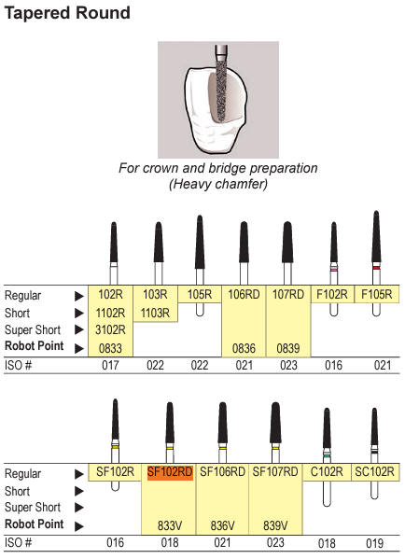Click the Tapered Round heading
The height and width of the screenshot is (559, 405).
(x=67, y=14)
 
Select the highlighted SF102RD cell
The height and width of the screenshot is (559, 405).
(x=170, y=472)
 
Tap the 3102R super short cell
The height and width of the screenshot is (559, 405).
(x=110, y=329)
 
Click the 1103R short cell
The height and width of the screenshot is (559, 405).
(x=155, y=313)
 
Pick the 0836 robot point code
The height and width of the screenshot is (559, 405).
(x=244, y=348)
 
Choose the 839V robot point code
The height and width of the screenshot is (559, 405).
(x=275, y=525)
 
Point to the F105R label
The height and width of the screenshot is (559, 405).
(x=376, y=295)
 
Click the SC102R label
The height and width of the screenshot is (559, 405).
(x=375, y=472)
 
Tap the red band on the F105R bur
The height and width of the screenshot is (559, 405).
(x=376, y=268)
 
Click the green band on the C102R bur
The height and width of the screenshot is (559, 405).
(x=327, y=455)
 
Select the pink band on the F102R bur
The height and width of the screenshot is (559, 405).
(x=334, y=270)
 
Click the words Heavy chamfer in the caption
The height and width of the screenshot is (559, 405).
(x=218, y=185)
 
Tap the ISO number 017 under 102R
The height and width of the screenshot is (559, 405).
(x=110, y=366)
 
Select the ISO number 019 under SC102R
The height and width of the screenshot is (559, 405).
(x=375, y=543)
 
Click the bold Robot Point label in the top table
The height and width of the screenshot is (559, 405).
(x=35, y=346)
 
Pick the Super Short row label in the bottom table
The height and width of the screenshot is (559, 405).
(x=33, y=507)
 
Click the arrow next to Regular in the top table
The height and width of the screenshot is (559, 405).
(x=79, y=296)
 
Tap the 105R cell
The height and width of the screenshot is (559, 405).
(x=200, y=295)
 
